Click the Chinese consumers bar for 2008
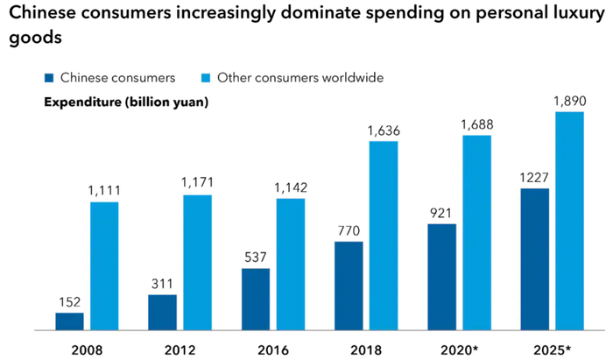(69, 321)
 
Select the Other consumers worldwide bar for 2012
(197, 262)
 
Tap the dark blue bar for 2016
(255, 299)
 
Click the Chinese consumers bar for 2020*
(441, 277)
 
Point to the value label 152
(69, 301)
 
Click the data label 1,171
(197, 183)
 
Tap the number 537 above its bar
(255, 257)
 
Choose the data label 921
(441, 212)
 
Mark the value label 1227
(534, 176)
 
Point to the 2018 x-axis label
(365, 348)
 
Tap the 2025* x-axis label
(552, 348)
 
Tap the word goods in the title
(32, 40)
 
